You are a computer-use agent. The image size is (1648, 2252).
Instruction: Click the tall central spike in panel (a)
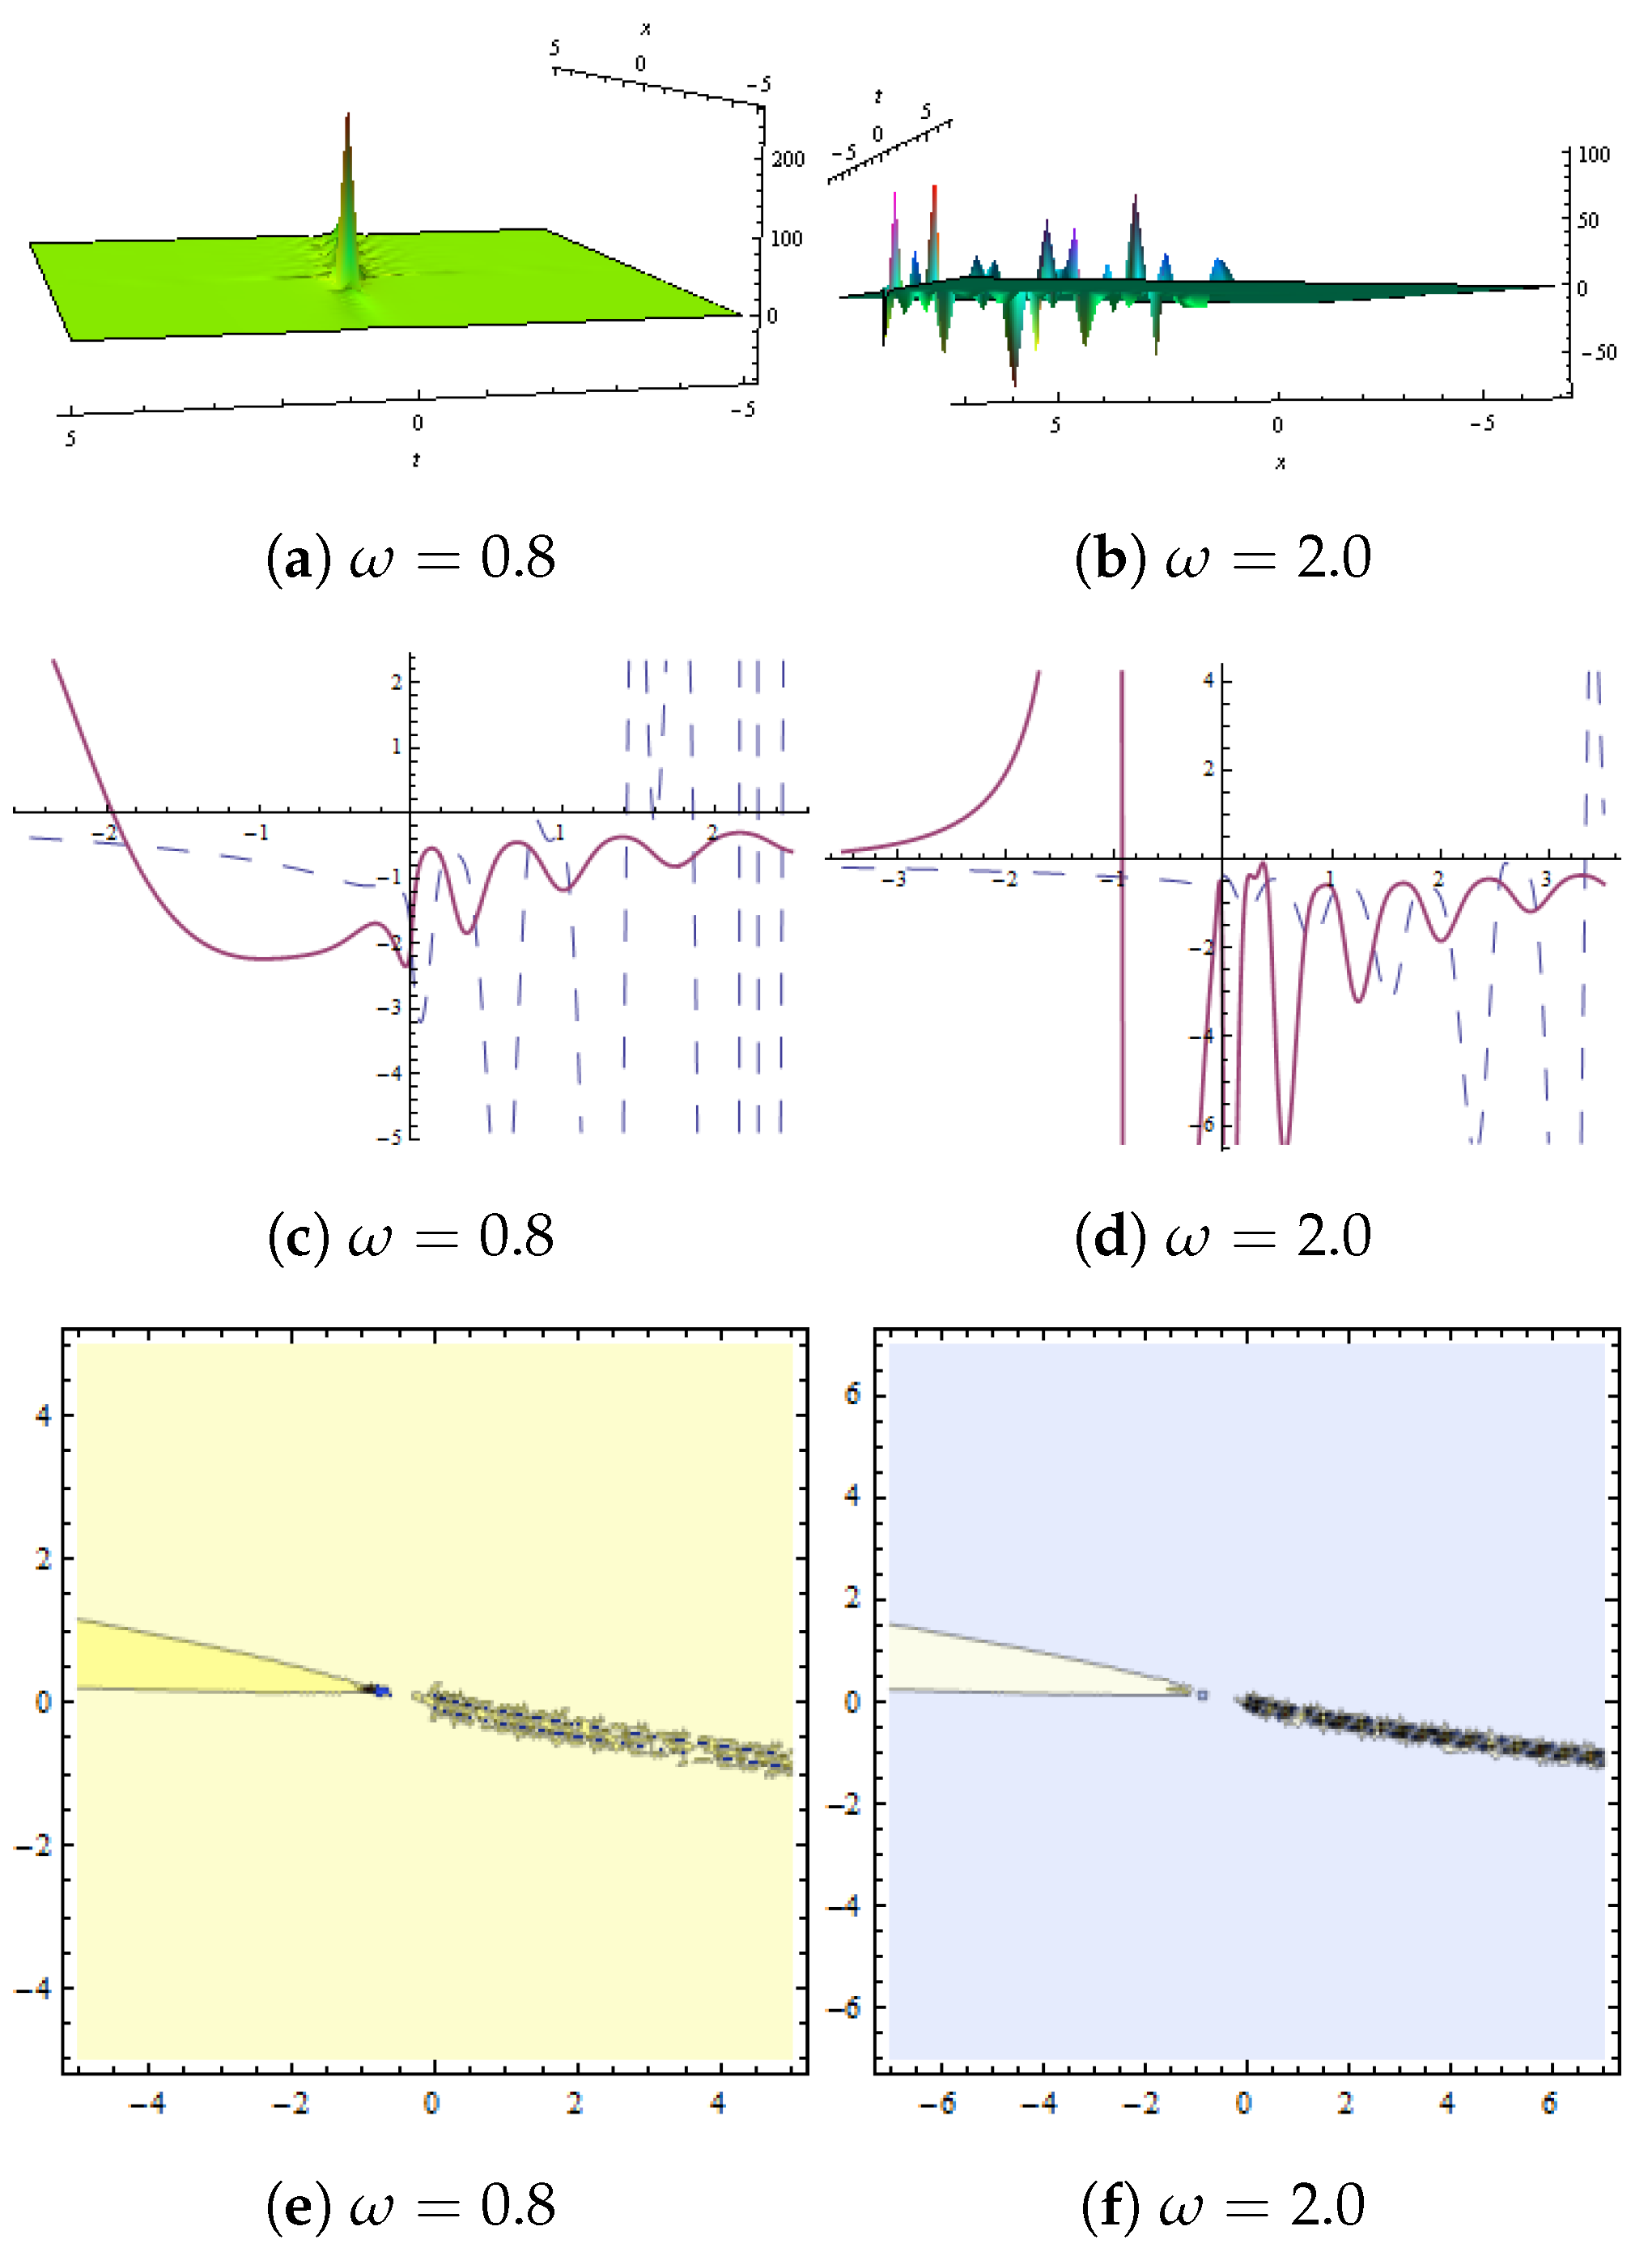point(347,199)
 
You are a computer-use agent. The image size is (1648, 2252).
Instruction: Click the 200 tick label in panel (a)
point(787,159)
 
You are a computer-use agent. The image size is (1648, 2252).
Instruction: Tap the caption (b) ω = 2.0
point(1223,557)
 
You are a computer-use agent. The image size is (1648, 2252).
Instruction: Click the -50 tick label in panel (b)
point(1597,352)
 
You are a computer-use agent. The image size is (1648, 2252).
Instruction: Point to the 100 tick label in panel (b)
point(1594,154)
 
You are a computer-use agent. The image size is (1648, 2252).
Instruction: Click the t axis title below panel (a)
point(416,460)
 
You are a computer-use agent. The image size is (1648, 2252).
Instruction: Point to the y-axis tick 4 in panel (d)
point(1208,679)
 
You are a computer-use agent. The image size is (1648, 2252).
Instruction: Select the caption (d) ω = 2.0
point(1223,1237)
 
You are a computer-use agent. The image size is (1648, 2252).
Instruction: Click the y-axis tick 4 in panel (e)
point(42,1414)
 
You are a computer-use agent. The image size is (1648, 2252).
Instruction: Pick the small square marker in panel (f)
point(1202,1694)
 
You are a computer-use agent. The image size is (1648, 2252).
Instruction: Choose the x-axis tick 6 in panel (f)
point(1549,2103)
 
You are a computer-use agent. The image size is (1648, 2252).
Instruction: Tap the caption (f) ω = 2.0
point(1223,2204)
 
